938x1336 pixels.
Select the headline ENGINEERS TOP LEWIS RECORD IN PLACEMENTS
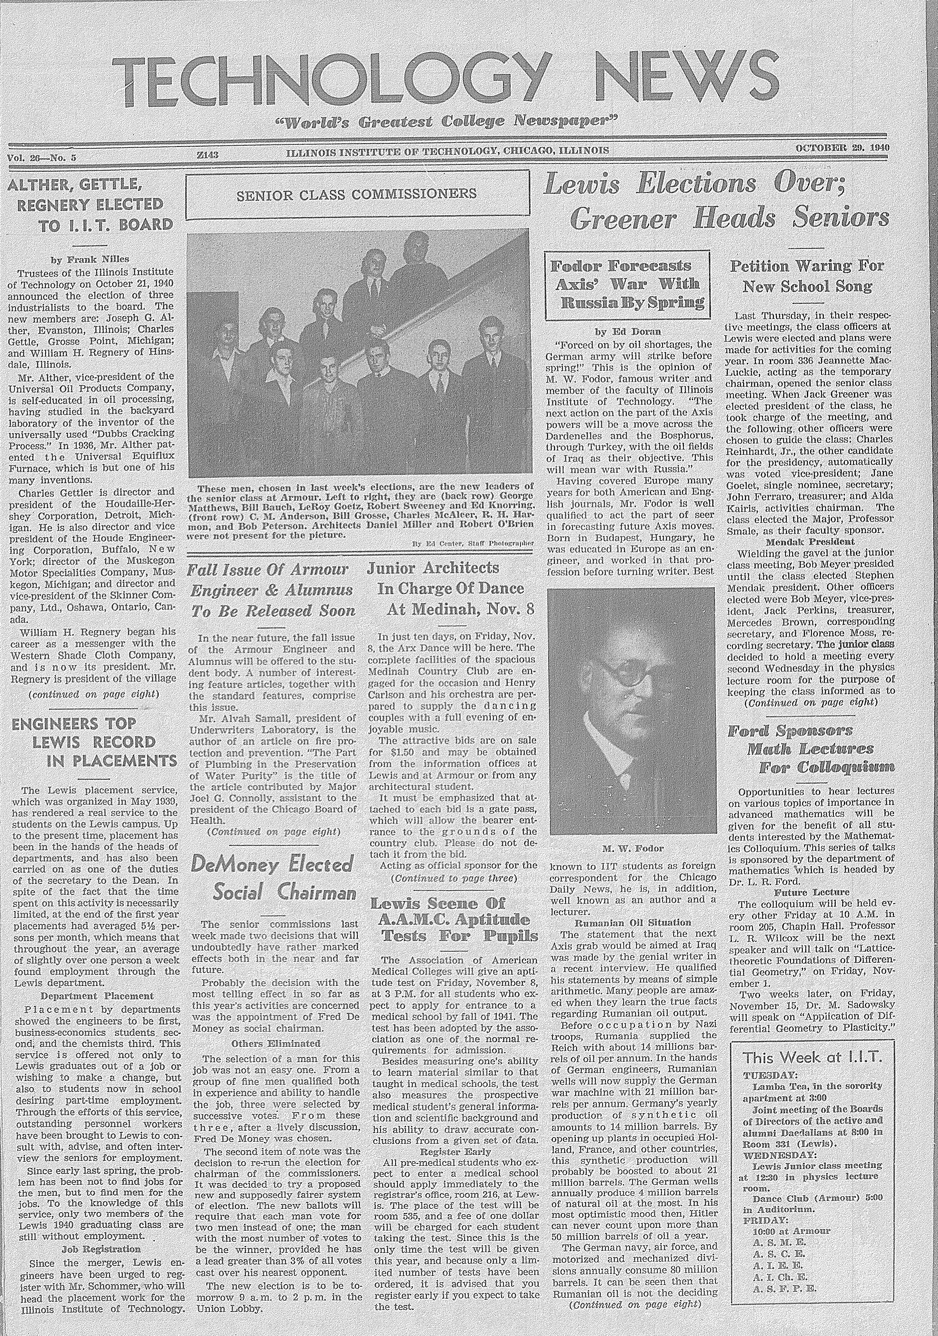point(93,742)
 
